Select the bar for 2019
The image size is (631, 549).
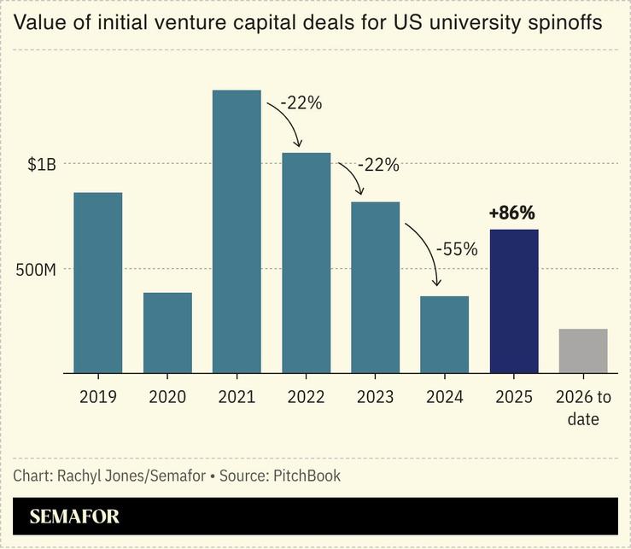pyautogui.click(x=97, y=283)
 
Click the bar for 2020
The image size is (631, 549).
pyautogui.click(x=167, y=333)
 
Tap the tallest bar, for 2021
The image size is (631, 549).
pyautogui.click(x=237, y=231)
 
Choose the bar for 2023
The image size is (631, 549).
pyautogui.click(x=375, y=288)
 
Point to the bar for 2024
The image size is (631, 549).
pyautogui.click(x=444, y=335)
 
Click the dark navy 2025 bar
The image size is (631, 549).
pyautogui.click(x=514, y=301)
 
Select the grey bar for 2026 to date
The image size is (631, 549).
pyautogui.click(x=583, y=351)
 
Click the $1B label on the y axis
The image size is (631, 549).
pyautogui.click(x=41, y=165)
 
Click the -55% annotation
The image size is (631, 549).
pyautogui.click(x=457, y=249)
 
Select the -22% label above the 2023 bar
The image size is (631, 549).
pyautogui.click(x=377, y=165)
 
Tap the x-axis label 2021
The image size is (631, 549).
pyautogui.click(x=237, y=397)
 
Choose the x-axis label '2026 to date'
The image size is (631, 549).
pyautogui.click(x=583, y=407)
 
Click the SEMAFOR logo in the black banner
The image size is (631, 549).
pyautogui.click(x=74, y=517)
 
